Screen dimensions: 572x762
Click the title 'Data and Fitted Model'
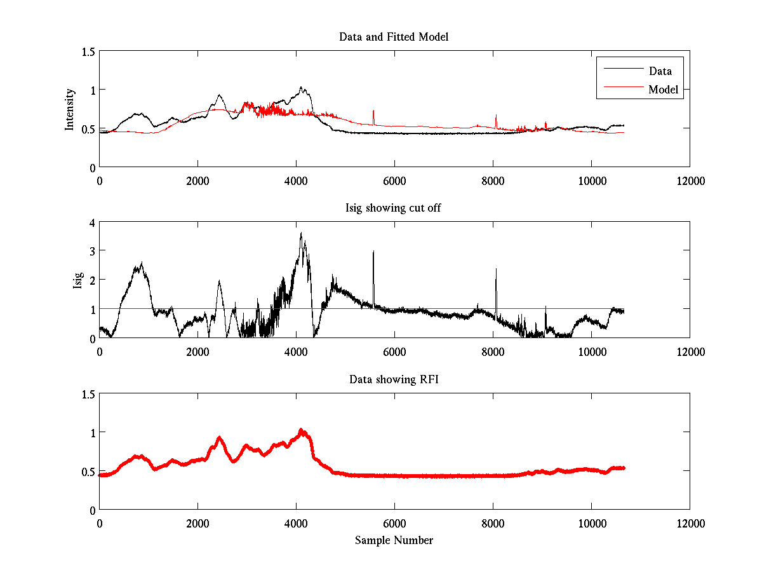pyautogui.click(x=394, y=37)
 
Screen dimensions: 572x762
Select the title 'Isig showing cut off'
pyautogui.click(x=393, y=208)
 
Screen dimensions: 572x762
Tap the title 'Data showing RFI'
pyautogui.click(x=394, y=379)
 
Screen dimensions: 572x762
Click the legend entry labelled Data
pyautogui.click(x=660, y=71)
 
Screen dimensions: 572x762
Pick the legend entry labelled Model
pyautogui.click(x=663, y=90)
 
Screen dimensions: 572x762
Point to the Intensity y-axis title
pyautogui.click(x=70, y=109)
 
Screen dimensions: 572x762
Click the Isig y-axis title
pyautogui.click(x=78, y=280)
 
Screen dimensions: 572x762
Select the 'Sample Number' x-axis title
pyautogui.click(x=394, y=540)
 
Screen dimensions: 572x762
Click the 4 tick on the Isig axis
pyautogui.click(x=92, y=222)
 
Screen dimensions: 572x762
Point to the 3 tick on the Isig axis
pyautogui.click(x=92, y=251)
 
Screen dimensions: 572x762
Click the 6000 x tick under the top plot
pyautogui.click(x=394, y=180)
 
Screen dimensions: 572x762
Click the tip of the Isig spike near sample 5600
pyautogui.click(x=373, y=251)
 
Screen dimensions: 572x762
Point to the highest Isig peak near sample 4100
pyautogui.click(x=301, y=233)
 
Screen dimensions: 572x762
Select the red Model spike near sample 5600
pyautogui.click(x=373, y=111)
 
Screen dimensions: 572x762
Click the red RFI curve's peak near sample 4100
pyautogui.click(x=301, y=430)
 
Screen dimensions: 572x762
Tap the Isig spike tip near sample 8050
pyautogui.click(x=496, y=269)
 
